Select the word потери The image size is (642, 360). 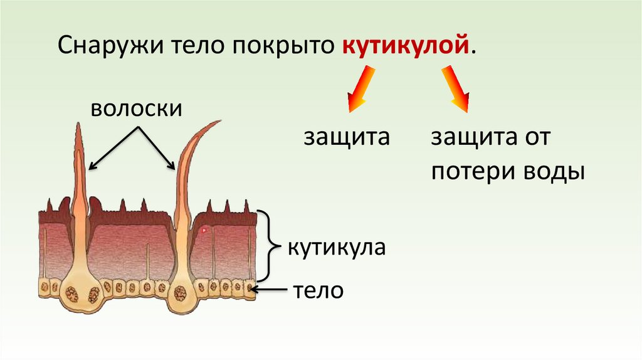(471, 172)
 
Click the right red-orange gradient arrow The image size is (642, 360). (456, 90)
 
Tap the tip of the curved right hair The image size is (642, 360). (219, 121)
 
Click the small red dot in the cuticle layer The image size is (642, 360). (204, 231)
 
